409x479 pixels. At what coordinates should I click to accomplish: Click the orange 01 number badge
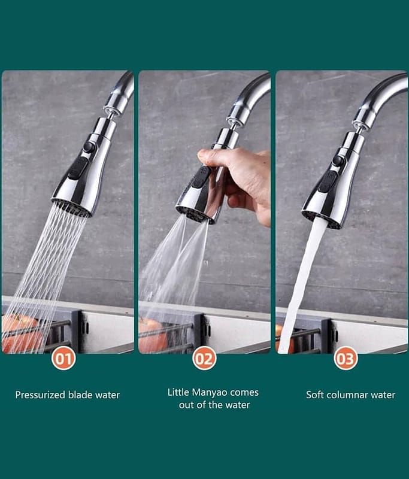63,358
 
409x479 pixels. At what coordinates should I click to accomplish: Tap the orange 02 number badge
204,358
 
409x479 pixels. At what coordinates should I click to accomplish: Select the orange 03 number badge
346,358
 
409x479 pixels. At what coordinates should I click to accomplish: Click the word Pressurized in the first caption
40,395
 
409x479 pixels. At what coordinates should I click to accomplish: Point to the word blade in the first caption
80,395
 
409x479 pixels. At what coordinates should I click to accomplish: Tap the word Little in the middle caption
178,392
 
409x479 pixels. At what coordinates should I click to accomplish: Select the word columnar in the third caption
343,395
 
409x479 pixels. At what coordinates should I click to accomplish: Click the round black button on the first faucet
89,147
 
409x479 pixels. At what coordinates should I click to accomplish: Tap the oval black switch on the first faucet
78,168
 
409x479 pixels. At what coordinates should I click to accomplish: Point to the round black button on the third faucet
338,160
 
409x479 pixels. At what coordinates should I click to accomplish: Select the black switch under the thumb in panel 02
200,177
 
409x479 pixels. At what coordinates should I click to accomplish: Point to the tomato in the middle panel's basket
152,335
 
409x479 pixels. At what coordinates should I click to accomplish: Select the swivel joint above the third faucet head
359,127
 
